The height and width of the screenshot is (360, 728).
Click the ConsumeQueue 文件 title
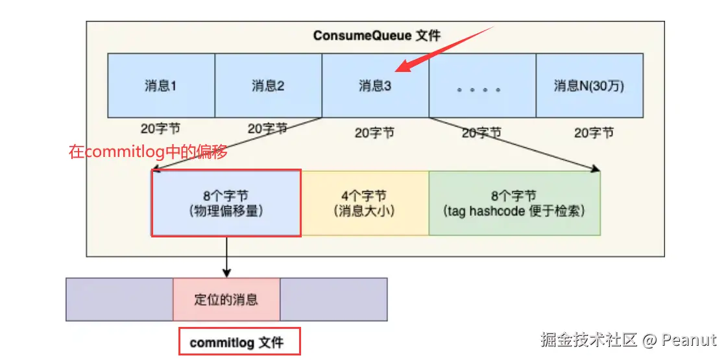coord(377,36)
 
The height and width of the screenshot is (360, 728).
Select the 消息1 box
coord(161,86)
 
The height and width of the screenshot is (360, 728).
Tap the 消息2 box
coord(268,86)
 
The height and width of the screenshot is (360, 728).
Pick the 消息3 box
coord(375,86)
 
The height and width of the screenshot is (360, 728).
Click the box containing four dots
coord(482,86)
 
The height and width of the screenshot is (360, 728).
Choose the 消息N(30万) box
coord(589,86)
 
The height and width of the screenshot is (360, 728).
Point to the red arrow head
coord(402,67)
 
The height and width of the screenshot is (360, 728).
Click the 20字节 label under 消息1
coord(160,128)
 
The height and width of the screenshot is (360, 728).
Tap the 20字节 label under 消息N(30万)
coord(593,132)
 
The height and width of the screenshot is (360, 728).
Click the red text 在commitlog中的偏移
coord(148,153)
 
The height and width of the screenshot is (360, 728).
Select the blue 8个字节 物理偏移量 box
coord(226,203)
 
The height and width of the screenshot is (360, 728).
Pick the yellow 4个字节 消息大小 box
coord(364,203)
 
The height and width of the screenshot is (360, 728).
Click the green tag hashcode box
coord(514,203)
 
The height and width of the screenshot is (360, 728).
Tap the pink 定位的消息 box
coord(226,300)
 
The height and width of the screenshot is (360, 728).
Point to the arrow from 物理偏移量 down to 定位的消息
coord(226,256)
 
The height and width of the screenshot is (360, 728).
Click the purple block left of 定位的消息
coord(119,300)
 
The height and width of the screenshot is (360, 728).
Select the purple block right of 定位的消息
coord(334,300)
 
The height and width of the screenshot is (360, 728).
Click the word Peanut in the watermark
coord(690,340)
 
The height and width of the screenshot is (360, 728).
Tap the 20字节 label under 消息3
coord(374,132)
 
